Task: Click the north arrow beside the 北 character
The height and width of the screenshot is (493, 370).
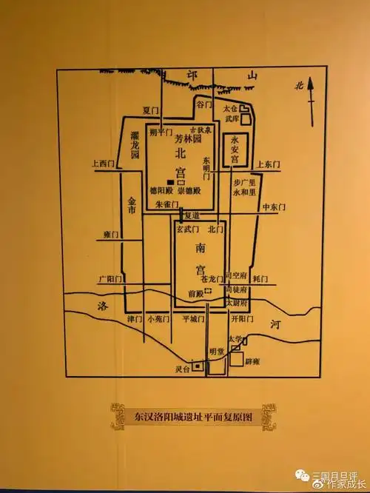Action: point(312,95)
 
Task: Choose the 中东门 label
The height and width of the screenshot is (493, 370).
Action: point(274,208)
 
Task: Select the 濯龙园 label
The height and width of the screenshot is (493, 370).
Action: point(134,146)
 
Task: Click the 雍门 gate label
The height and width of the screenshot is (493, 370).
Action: point(112,235)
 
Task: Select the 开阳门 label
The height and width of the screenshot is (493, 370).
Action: point(242,320)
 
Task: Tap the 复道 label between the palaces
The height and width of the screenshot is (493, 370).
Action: point(192,216)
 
